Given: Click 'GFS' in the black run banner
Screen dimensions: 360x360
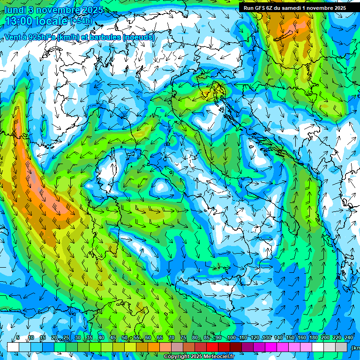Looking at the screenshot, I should (x=260, y=8).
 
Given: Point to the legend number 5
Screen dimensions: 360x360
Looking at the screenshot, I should (x=18, y=338).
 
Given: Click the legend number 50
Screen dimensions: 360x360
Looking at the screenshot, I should (x=124, y=338).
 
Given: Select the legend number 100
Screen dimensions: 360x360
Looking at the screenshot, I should (x=231, y=338).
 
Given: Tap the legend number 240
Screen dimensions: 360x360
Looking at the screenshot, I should (x=348, y=338).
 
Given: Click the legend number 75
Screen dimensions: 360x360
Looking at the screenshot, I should (x=183, y=338).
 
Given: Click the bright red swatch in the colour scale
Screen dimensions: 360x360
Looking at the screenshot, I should (x=212, y=347).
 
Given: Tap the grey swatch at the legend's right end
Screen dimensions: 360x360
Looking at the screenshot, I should (x=342, y=347).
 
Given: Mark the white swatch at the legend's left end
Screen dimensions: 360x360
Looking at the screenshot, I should (x=13, y=347).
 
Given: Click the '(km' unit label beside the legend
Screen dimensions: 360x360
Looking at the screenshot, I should (x=356, y=347).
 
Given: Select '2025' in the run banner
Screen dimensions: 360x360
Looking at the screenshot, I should (x=337, y=8).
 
